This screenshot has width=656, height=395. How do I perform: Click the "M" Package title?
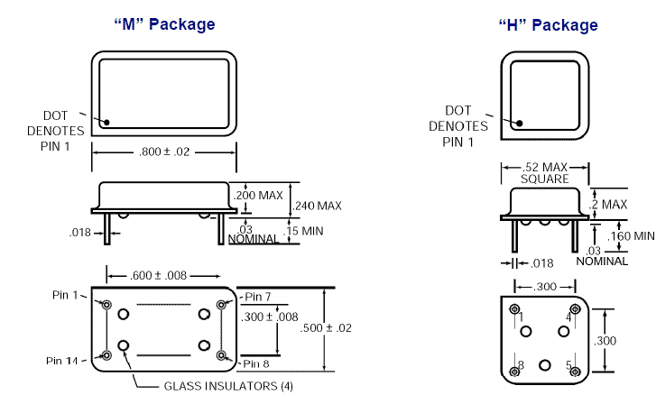[163, 24]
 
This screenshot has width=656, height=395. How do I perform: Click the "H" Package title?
[548, 24]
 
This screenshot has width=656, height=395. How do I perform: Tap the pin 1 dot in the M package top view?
[106, 122]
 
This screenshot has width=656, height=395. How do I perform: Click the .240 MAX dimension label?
[317, 207]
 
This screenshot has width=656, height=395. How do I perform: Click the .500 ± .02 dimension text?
[352, 326]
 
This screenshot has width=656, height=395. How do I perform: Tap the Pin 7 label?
[257, 297]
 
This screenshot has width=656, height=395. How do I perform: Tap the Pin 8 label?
[257, 363]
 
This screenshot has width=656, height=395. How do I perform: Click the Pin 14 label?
[63, 361]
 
